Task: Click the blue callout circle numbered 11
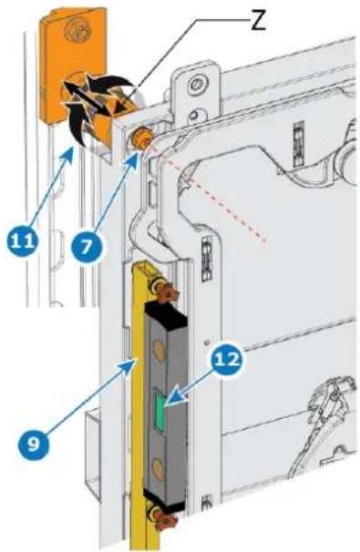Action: point(22,241)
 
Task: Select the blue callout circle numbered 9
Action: point(34,445)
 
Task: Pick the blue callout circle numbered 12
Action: point(227,360)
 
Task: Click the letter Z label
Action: point(258,23)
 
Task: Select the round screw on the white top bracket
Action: point(196,85)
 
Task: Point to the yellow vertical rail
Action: point(139,404)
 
